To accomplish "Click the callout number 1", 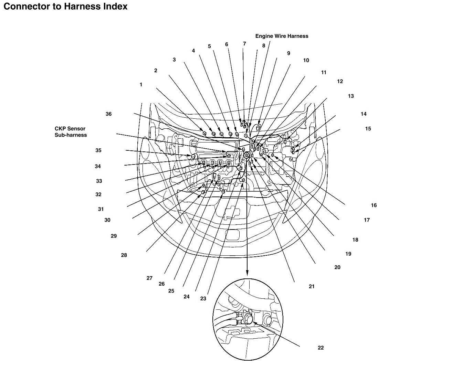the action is point(141,85).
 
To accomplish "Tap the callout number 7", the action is point(244,44).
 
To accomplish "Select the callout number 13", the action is point(351,96).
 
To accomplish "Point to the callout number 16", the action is point(374,205).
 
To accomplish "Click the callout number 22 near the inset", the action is point(321,348).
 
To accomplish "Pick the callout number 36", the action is point(108,114).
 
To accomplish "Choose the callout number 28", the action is point(124,255).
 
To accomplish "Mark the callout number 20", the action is point(337,267).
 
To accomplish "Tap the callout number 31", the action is point(101,209).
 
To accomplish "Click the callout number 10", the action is point(306,60).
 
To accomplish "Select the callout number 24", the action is point(186,297).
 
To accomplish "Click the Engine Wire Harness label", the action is point(282,36).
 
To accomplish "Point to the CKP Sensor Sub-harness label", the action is point(71,132).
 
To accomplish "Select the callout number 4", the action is point(193,51).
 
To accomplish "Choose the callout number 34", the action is point(98,167).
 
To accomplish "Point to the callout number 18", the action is point(355,240).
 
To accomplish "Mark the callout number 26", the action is point(161,284).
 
